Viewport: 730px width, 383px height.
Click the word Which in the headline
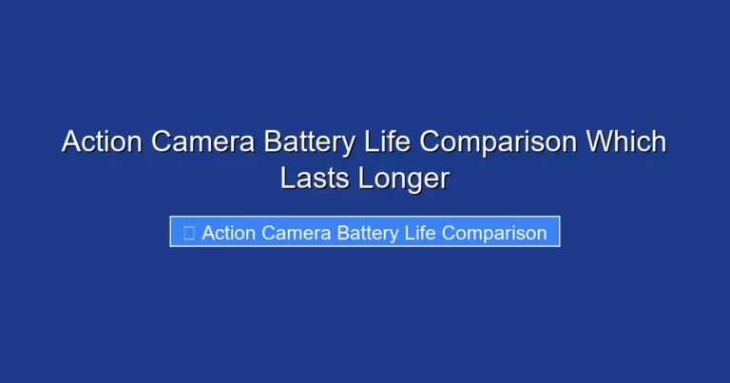[626, 143]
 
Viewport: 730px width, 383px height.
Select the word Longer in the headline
[404, 178]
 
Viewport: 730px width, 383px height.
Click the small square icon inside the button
[188, 233]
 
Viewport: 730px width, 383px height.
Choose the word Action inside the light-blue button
[227, 233]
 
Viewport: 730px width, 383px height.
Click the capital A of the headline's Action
[72, 143]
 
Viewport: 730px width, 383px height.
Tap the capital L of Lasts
[287, 178]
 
